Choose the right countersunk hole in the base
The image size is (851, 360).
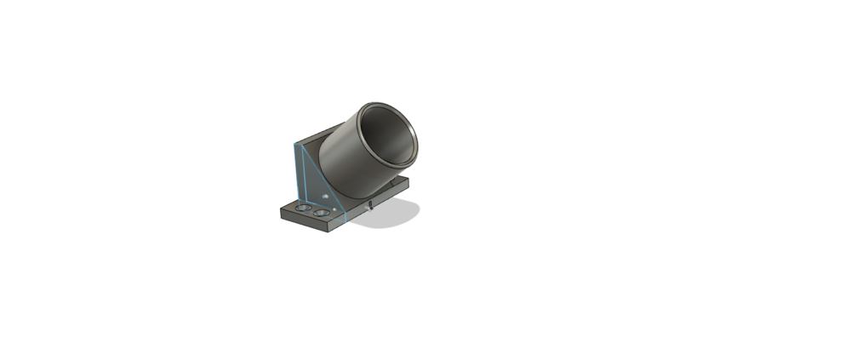coord(321,212)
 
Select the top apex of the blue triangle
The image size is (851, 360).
coord(295,145)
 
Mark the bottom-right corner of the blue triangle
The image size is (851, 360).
coord(347,218)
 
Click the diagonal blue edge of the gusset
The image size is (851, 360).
coord(322,181)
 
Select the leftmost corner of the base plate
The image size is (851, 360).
coord(281,208)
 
